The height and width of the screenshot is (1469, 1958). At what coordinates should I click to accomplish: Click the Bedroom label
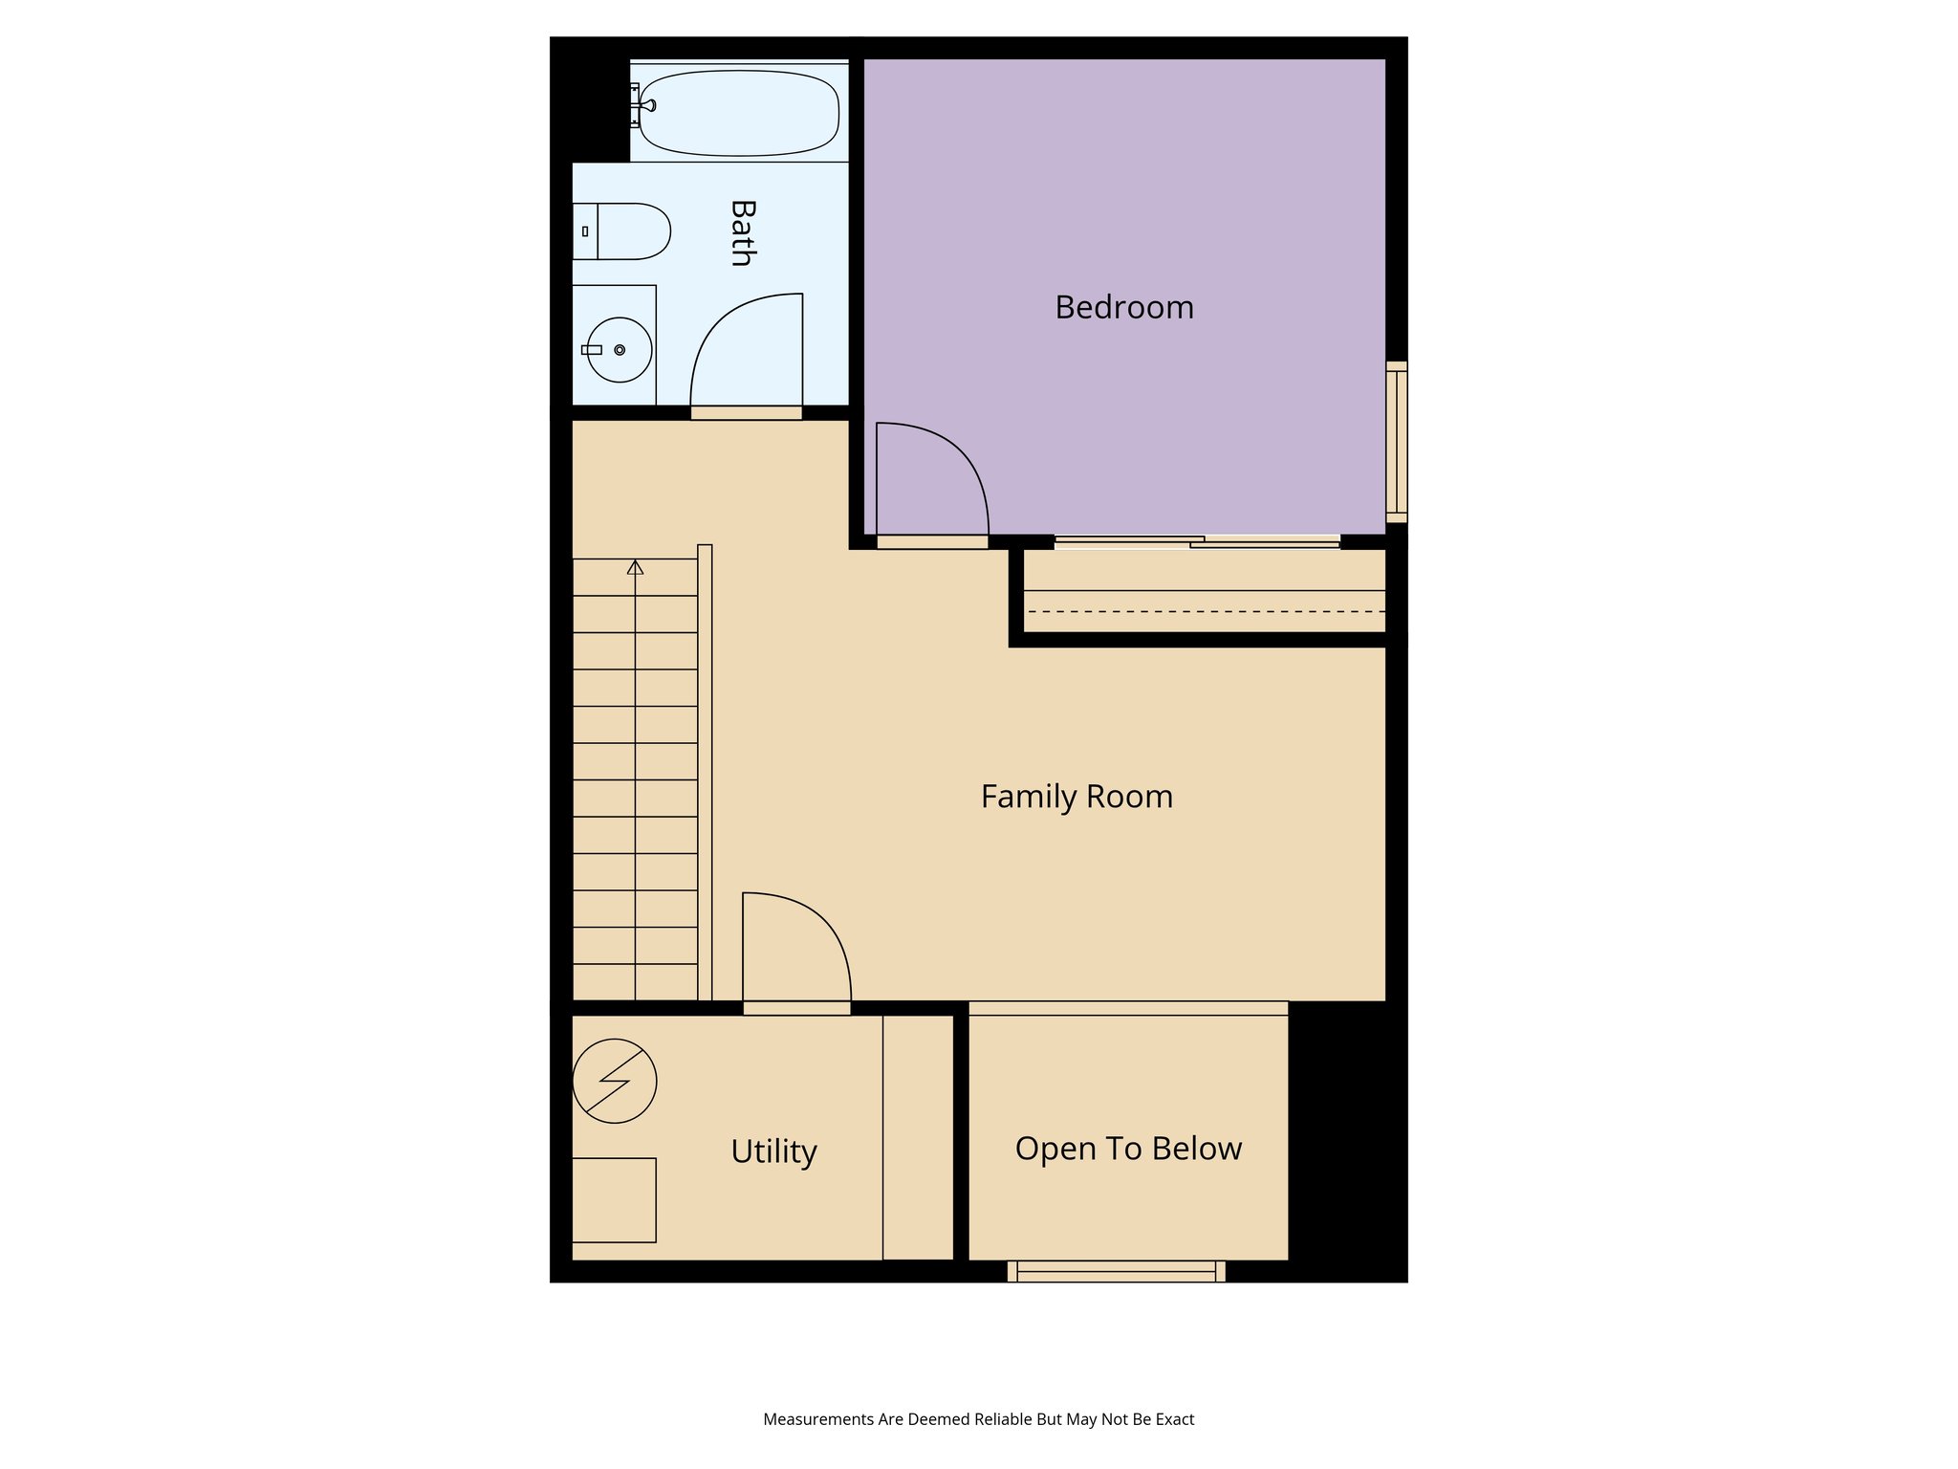1124,307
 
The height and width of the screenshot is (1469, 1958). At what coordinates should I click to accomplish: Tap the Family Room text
1077,797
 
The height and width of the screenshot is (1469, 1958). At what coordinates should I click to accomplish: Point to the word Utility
773,1151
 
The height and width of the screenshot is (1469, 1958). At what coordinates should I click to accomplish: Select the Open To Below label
1128,1149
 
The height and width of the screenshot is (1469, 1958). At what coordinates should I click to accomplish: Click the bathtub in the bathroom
740,113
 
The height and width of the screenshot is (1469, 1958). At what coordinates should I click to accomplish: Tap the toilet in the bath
622,231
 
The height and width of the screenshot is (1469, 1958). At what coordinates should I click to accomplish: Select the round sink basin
619,350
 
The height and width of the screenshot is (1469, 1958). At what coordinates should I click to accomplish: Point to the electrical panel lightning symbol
615,1081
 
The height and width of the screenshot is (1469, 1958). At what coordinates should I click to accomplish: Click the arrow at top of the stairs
635,567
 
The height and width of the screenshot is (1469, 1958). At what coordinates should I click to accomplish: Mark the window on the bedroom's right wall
1397,442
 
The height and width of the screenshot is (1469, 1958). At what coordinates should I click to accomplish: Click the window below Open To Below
1116,1271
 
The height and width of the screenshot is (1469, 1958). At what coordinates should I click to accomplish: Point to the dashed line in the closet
1205,611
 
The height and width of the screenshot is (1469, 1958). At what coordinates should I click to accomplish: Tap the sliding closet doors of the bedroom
1197,542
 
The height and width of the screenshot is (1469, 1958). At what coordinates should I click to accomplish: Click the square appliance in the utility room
614,1199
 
